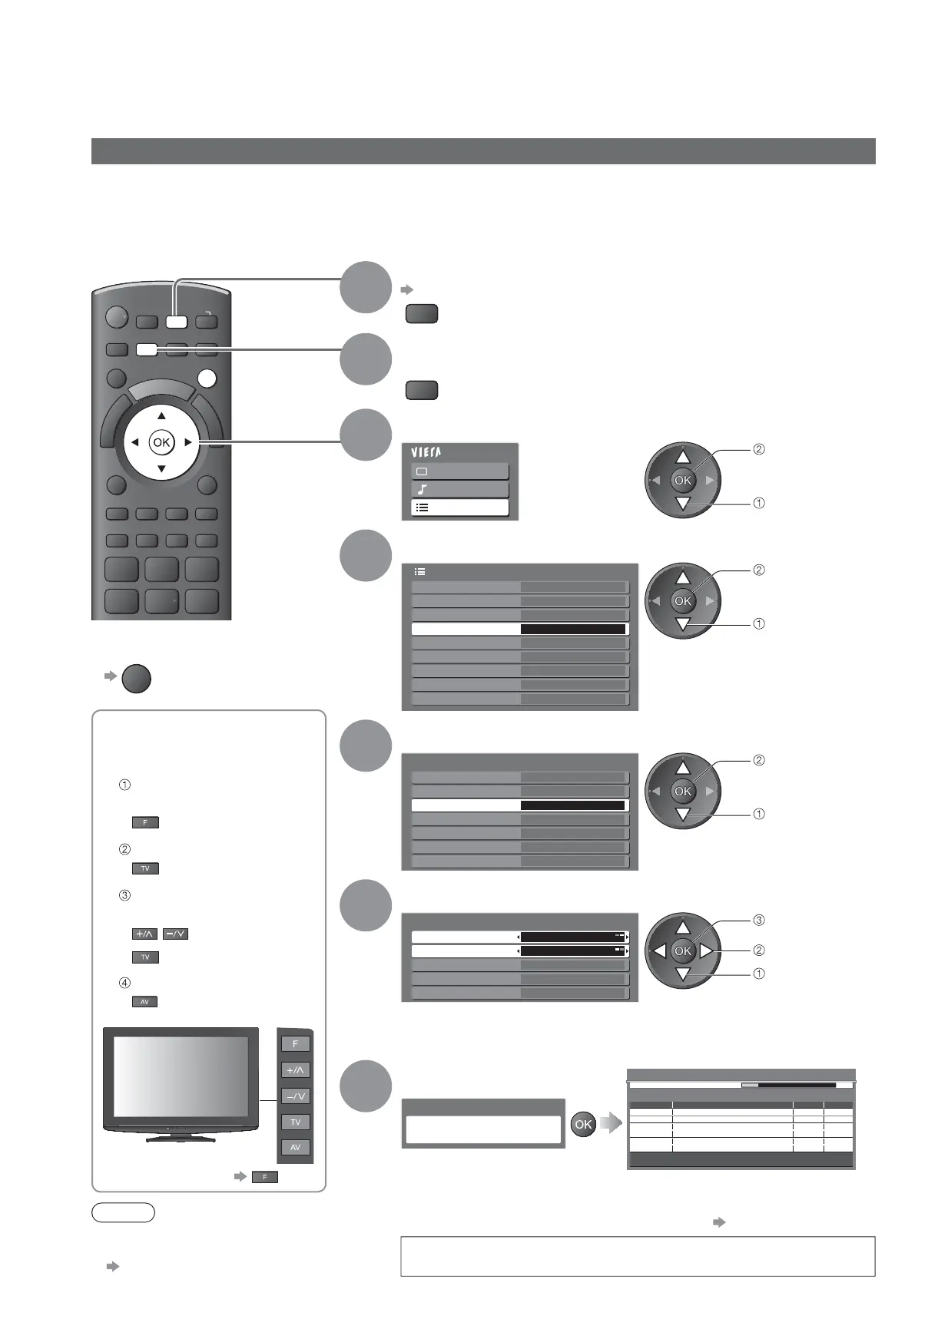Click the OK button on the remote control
point(161,442)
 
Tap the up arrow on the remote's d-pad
point(161,416)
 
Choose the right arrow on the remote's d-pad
point(188,442)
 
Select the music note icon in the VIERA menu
point(422,489)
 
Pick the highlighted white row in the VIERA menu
point(459,507)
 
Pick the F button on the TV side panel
point(295,1044)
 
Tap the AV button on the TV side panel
point(295,1148)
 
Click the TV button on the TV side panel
point(295,1122)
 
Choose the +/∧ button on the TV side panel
point(295,1070)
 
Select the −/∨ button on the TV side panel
point(295,1096)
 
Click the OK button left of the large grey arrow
point(583,1124)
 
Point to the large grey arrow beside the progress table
point(611,1124)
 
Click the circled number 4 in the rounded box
point(124,983)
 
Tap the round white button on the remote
point(207,379)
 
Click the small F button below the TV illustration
point(264,1177)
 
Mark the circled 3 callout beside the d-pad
point(758,920)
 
